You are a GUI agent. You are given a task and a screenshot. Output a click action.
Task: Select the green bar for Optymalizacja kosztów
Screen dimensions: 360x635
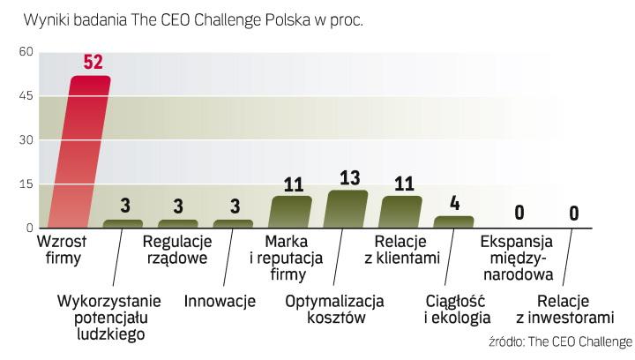pyautogui.click(x=346, y=210)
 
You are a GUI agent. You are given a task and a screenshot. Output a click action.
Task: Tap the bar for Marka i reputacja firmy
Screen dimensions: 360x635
pyautogui.click(x=291, y=213)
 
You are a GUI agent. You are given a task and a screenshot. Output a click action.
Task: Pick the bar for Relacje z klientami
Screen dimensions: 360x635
pyautogui.click(x=401, y=213)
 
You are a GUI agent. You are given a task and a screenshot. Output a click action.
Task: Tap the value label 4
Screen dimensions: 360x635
pyautogui.click(x=455, y=203)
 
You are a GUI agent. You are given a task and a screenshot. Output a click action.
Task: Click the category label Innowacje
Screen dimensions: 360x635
pyautogui.click(x=220, y=302)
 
